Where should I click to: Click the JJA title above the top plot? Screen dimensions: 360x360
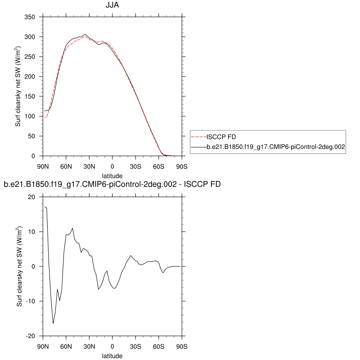point(112,6)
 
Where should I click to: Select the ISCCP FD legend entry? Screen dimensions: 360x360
point(220,137)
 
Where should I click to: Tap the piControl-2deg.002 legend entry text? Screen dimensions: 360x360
point(275,147)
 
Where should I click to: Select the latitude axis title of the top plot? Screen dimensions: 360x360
point(112,175)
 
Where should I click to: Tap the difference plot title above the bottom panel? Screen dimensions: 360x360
point(112,184)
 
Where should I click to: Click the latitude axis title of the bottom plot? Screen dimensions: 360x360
point(112,356)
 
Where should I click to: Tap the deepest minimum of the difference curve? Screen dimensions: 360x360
point(53,324)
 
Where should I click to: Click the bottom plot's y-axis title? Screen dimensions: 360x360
point(19,266)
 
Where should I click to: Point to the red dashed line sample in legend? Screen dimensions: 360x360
point(198,137)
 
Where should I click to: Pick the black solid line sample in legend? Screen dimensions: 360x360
point(198,147)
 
